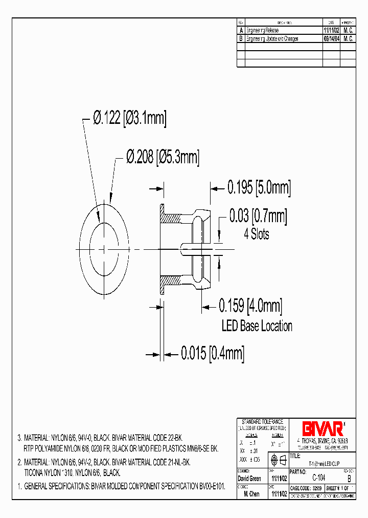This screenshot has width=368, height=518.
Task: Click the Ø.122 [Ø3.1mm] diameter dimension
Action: [130, 118]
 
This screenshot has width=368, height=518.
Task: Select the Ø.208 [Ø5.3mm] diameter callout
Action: [163, 157]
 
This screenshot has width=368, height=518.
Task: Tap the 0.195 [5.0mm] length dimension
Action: [259, 188]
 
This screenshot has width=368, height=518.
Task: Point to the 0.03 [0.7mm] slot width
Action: [258, 217]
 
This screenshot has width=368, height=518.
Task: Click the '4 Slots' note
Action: [257, 234]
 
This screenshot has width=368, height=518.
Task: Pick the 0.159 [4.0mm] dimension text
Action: [250, 307]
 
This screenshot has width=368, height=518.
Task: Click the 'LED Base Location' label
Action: [257, 326]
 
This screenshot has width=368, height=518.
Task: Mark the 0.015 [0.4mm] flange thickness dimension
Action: [212, 353]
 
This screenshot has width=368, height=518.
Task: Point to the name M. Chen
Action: [252, 494]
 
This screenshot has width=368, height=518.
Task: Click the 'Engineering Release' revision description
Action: [263, 31]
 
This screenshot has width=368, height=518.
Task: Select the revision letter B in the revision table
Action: [241, 38]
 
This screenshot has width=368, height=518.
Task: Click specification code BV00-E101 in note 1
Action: [212, 485]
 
